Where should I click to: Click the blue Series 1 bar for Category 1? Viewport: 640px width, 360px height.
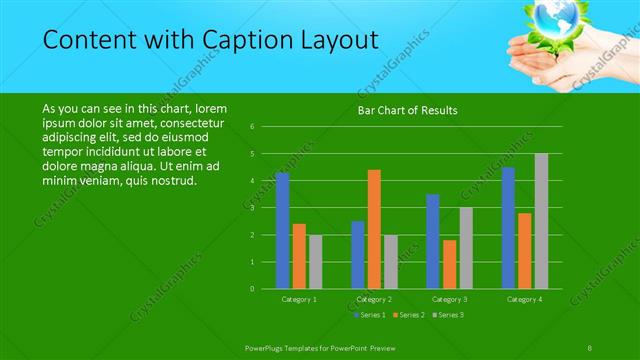282,231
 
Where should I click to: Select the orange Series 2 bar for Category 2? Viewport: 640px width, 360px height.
374,229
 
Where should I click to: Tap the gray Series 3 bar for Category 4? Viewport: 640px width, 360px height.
541,221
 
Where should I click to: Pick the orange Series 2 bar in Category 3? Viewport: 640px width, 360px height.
449,264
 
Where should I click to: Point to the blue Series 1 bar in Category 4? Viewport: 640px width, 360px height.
508,228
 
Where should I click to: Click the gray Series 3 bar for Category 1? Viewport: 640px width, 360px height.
315,262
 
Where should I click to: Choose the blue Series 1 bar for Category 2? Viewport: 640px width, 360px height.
357,255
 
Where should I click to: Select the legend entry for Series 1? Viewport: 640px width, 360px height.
371,315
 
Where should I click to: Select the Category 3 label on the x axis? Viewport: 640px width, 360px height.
449,299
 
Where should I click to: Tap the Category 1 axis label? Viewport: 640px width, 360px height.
299,299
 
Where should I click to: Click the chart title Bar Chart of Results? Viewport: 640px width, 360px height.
407,111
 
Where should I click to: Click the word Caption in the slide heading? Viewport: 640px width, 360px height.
250,40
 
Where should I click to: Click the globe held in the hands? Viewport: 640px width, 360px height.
553,18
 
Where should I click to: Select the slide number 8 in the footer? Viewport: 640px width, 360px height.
591,345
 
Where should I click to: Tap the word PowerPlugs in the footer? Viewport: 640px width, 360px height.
266,345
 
